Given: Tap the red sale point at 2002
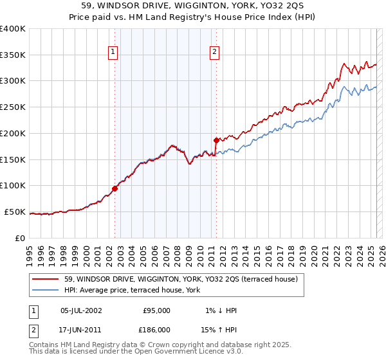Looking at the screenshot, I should pyautogui.click(x=115, y=188).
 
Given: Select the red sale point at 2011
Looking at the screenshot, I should pyautogui.click(x=216, y=139).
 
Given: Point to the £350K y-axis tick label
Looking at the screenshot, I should pyautogui.click(x=13, y=55).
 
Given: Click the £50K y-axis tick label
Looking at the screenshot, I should pyautogui.click(x=15, y=212).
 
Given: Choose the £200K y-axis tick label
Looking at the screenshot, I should pyautogui.click(x=13, y=134).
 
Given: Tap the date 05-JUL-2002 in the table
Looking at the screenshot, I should pyautogui.click(x=81, y=310).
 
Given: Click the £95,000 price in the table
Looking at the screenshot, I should pyautogui.click(x=156, y=310).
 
